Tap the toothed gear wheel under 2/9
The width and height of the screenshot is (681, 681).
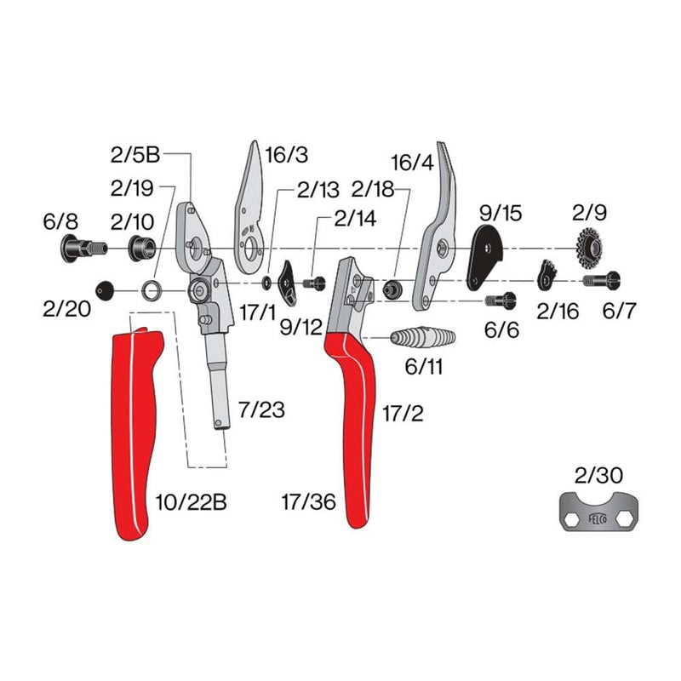(590, 246)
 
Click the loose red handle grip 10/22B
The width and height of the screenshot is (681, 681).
(136, 426)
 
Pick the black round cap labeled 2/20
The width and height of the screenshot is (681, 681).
(105, 290)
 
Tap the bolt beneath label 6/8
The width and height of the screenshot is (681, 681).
(78, 249)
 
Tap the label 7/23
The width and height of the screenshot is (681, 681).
(261, 411)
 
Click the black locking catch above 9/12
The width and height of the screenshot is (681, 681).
(289, 280)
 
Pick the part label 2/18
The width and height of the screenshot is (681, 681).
(374, 189)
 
